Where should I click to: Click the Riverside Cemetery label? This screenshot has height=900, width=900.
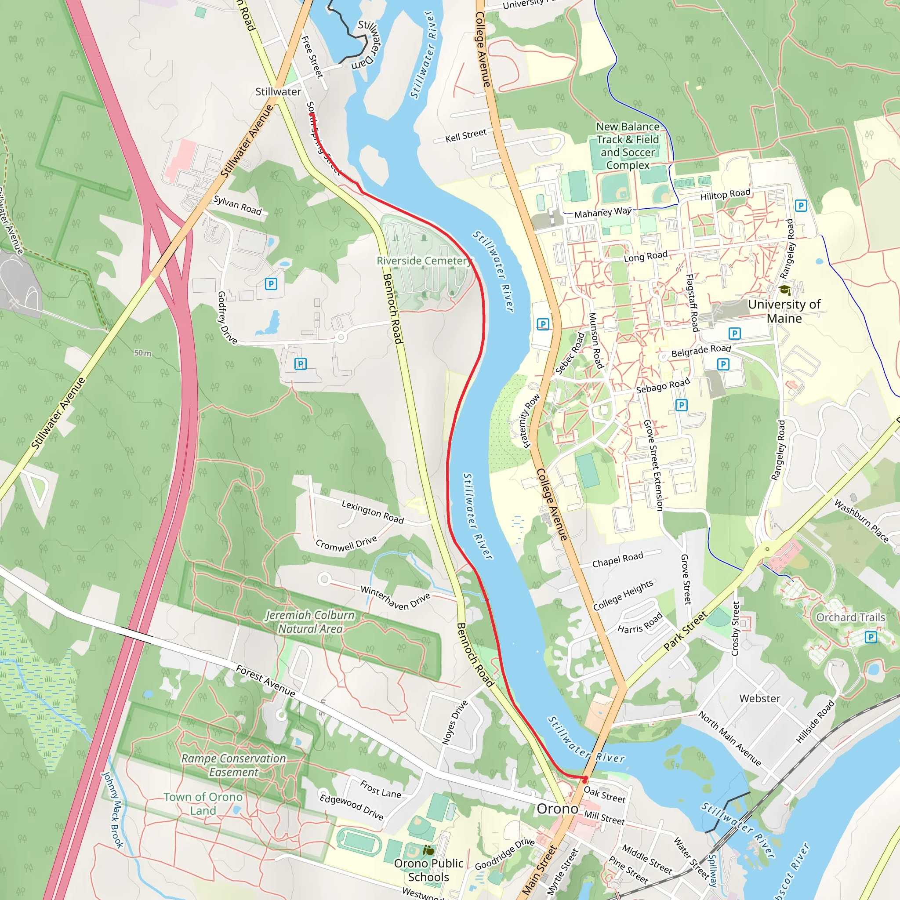(x=424, y=261)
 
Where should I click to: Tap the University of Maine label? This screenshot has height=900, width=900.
(x=784, y=311)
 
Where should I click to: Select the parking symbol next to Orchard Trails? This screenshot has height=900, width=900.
(x=871, y=637)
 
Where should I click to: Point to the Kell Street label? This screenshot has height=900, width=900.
(x=465, y=135)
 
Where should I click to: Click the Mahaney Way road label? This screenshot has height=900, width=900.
(x=602, y=212)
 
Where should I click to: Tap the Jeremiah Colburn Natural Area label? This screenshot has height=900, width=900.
(x=310, y=622)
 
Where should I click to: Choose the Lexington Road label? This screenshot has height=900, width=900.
(x=372, y=512)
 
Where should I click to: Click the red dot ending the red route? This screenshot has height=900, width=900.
(x=585, y=778)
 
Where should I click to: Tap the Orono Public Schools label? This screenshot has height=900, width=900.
(x=428, y=870)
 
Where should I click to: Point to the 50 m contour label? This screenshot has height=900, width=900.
(x=142, y=353)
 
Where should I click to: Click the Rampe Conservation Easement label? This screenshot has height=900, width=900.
(x=233, y=766)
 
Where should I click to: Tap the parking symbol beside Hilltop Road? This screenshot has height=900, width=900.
(x=801, y=205)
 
